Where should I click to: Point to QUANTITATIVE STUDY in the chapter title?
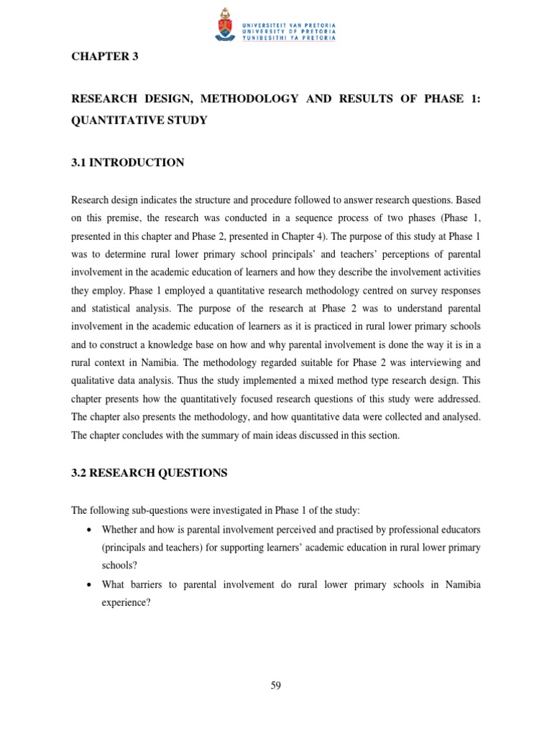tap(139, 120)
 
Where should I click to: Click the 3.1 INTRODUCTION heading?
tap(127, 163)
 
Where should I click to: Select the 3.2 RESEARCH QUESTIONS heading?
tap(149, 472)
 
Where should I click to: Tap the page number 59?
tap(276, 685)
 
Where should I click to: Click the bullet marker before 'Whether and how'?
tap(88, 529)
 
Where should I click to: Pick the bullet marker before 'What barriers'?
tap(88, 585)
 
